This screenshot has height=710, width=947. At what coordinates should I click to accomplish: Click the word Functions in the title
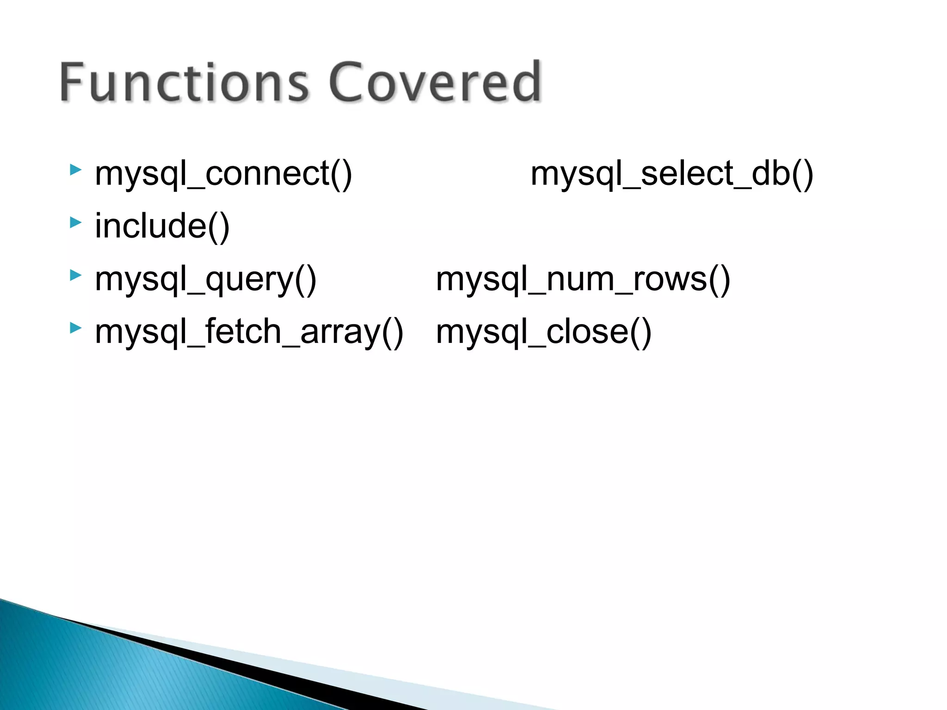[184, 82]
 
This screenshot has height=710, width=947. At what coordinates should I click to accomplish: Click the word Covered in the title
[435, 82]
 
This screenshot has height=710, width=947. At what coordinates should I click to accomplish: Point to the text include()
[162, 226]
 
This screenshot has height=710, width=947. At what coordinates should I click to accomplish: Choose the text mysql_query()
[205, 279]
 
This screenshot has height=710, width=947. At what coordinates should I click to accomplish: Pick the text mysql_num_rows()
[583, 279]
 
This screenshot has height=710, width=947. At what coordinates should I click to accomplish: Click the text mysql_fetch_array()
[249, 332]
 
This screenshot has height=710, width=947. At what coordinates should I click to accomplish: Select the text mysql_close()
[543, 332]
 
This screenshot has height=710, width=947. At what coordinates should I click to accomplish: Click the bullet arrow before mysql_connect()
[75, 170]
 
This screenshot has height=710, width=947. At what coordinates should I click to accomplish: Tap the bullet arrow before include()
[75, 222]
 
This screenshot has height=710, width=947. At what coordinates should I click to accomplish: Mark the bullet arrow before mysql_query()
[75, 275]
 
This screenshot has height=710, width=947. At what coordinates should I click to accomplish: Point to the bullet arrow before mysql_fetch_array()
[75, 328]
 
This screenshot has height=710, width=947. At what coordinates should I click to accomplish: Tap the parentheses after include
[219, 227]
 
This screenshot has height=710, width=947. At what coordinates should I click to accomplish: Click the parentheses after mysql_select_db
[802, 175]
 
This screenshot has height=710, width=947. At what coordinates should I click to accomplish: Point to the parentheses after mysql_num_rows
[719, 280]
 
